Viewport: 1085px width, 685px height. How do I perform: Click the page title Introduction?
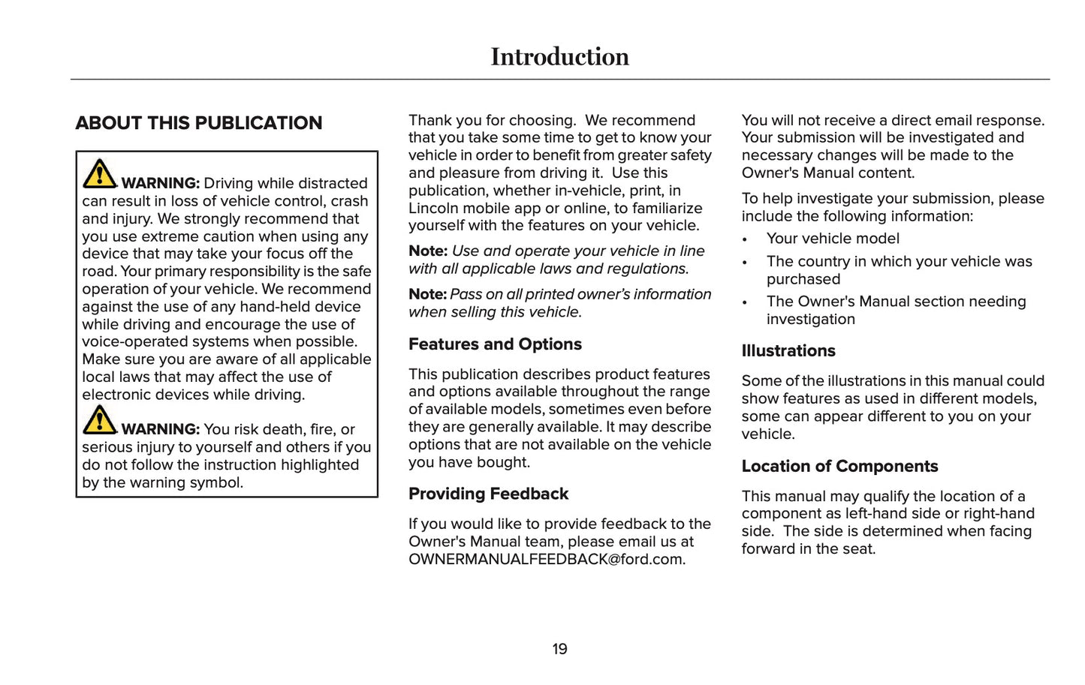tap(559, 57)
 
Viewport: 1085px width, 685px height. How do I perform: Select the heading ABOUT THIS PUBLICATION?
tap(199, 123)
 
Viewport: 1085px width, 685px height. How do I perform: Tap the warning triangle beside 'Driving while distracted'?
tap(99, 174)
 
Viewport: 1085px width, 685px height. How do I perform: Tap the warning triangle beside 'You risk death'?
tap(99, 420)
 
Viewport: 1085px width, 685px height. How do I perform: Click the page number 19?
tap(559, 649)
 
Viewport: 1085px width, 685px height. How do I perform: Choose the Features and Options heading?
tap(495, 344)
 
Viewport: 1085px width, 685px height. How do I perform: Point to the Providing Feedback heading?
tap(488, 494)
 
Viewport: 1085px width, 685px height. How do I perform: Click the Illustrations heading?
tap(788, 351)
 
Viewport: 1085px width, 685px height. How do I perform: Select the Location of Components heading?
tap(839, 467)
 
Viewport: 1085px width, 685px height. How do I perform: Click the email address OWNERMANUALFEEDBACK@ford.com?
tap(546, 560)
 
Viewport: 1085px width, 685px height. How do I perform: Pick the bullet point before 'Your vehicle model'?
tap(745, 240)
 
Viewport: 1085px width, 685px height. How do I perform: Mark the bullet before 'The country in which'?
tap(745, 263)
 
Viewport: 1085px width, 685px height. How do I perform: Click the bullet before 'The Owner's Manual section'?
tap(745, 303)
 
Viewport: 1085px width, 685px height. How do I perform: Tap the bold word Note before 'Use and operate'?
tap(427, 251)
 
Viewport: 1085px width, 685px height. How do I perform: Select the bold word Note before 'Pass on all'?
tap(427, 295)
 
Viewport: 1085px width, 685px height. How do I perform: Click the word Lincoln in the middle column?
tap(434, 209)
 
